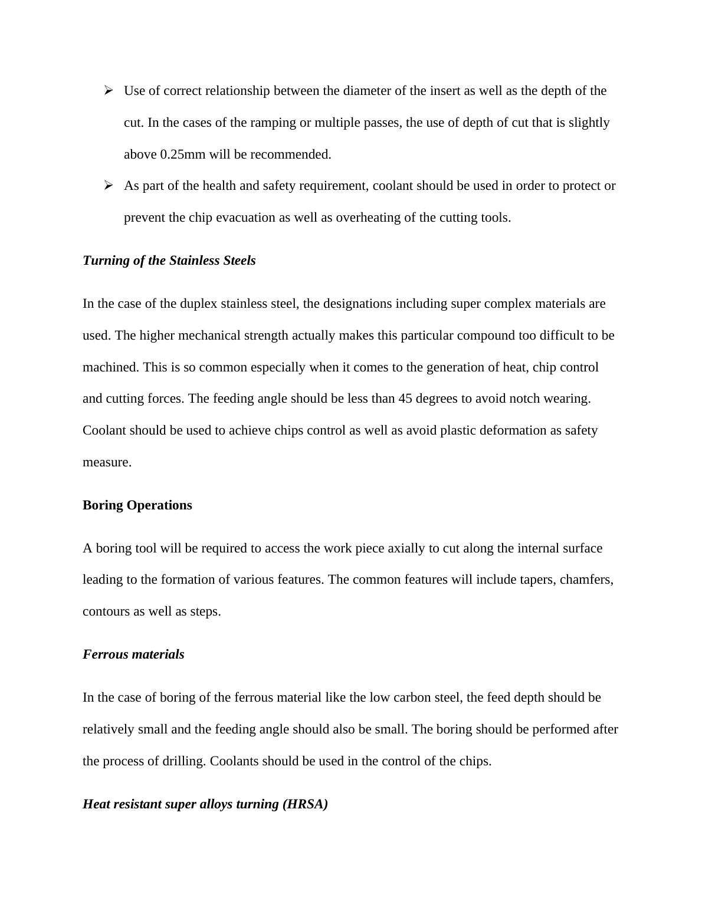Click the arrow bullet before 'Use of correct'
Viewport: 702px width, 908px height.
108,90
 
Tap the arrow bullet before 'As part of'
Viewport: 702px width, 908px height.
108,185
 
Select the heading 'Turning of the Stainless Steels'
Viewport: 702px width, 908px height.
169,261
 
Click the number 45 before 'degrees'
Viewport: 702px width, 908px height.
405,399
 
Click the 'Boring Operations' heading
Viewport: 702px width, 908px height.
137,505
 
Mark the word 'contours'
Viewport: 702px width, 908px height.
106,611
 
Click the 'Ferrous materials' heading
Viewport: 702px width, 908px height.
133,654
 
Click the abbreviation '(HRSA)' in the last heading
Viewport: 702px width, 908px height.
305,804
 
